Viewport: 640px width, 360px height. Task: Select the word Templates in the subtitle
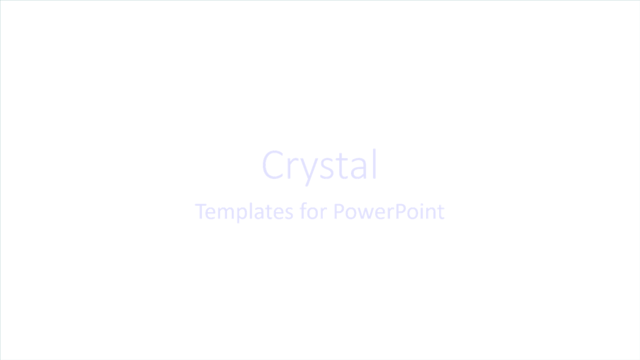click(x=244, y=211)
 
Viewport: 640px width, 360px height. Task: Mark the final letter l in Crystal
click(x=374, y=164)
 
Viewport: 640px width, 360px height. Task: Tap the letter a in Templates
click(x=261, y=213)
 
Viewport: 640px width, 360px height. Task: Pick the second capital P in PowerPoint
click(x=399, y=211)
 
